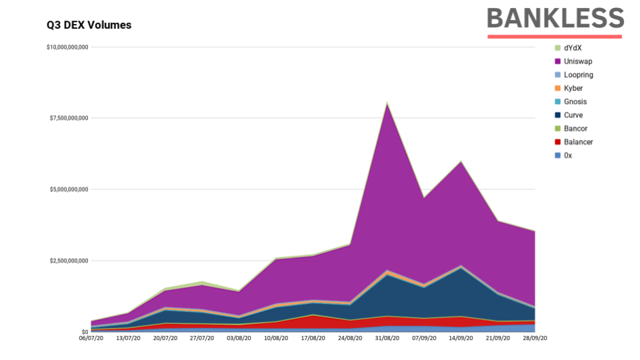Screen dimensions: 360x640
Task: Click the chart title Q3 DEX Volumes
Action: [89, 25]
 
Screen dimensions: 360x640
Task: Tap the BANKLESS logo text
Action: [555, 18]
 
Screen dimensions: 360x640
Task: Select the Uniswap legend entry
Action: [577, 61]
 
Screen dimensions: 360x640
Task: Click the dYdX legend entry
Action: [573, 48]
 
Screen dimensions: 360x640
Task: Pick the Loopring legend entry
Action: [578, 75]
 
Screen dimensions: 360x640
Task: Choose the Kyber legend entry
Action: [573, 88]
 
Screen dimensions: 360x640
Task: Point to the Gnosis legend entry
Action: [575, 101]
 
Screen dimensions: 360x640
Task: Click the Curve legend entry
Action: [573, 115]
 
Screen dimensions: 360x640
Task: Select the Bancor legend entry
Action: [575, 128]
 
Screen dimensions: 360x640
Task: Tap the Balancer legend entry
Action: [578, 141]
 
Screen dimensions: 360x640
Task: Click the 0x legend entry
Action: [568, 155]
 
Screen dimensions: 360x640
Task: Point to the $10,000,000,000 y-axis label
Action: [67, 47]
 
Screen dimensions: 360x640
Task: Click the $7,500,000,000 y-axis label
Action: [69, 118]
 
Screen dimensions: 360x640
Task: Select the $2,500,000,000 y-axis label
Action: [69, 261]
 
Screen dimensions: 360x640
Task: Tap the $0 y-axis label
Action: [85, 331]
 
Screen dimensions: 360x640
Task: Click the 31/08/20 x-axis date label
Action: [387, 339]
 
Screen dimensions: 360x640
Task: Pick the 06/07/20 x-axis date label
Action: [91, 339]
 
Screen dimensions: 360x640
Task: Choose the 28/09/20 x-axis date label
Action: [535, 339]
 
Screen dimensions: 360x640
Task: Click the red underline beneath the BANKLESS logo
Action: [555, 37]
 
